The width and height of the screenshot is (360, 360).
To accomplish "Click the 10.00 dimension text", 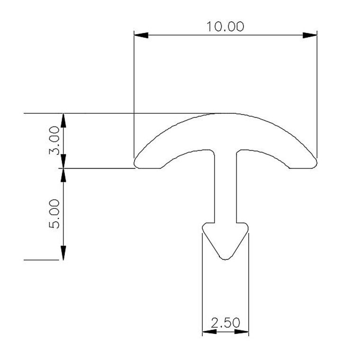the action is tap(225, 27).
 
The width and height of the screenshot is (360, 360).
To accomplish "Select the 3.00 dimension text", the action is tap(54, 140).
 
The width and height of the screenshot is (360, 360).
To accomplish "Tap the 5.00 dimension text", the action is tap(54, 214).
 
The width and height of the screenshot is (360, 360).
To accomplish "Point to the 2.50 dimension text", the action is tap(225, 323).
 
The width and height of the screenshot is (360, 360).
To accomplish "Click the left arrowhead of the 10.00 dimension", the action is tap(141, 35).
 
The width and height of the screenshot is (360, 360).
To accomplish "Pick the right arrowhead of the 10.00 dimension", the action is tap(310, 35).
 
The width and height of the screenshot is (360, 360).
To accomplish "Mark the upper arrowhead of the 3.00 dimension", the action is tap(63, 120).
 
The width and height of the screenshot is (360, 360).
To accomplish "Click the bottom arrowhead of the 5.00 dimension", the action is tap(63, 253).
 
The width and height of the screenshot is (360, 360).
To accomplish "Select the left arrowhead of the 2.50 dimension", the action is tap(209, 332).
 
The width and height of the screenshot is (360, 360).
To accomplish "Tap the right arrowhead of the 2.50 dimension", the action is tap(242, 332).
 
